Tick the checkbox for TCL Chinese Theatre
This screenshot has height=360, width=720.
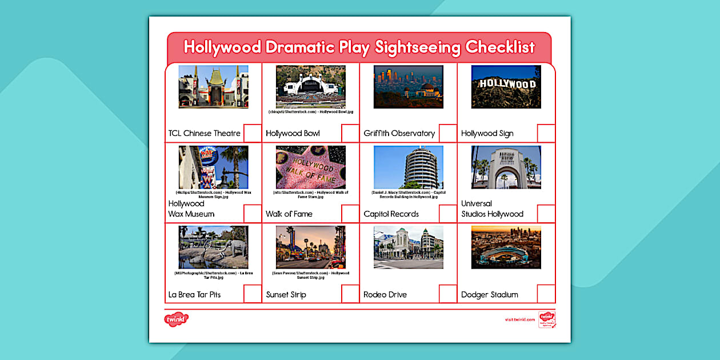pyautogui.click(x=253, y=133)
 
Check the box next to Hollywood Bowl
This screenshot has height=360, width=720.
pyautogui.click(x=350, y=133)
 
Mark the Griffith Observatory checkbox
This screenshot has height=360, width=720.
pyautogui.click(x=448, y=133)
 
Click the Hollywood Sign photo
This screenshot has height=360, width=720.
pyautogui.click(x=506, y=87)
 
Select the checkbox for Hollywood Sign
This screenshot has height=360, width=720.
pyautogui.click(x=546, y=133)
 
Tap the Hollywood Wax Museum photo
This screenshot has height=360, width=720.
pyautogui.click(x=213, y=167)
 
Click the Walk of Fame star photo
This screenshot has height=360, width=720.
pyautogui.click(x=311, y=167)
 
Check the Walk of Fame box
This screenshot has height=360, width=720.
pyautogui.click(x=350, y=213)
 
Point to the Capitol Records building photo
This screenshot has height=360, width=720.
pyautogui.click(x=409, y=167)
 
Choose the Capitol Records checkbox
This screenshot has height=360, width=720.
pyautogui.click(x=448, y=213)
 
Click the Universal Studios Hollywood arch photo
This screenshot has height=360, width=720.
pyautogui.click(x=506, y=167)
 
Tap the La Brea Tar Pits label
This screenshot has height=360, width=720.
pyautogui.click(x=194, y=295)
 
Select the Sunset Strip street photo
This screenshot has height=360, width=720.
pyautogui.click(x=311, y=247)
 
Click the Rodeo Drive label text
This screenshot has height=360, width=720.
pyautogui.click(x=385, y=295)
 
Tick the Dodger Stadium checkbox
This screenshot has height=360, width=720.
pyautogui.click(x=546, y=294)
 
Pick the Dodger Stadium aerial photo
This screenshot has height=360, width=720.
pyautogui.click(x=506, y=247)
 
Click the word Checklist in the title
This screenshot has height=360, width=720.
pyautogui.click(x=500, y=47)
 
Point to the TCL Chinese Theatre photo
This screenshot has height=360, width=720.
pyautogui.click(x=213, y=87)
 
